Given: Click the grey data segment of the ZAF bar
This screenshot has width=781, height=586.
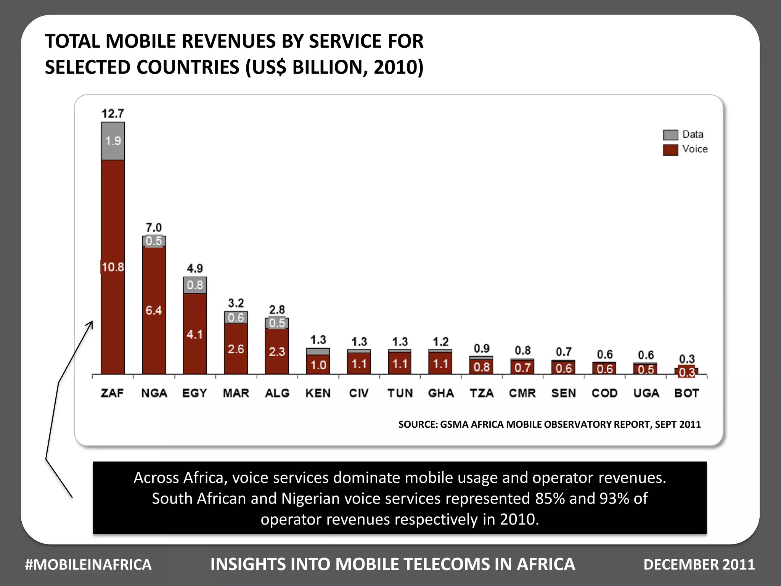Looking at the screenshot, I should pos(113,141).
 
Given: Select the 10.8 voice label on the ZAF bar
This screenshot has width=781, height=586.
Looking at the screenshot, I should pos(113,267).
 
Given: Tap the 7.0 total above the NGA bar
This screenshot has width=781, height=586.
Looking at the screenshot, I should pos(154,228).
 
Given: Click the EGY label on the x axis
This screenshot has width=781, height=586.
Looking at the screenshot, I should pos(194,393).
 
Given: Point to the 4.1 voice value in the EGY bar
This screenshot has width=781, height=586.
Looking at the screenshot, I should pos(194,335).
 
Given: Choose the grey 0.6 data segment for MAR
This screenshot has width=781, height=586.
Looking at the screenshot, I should pos(236,317).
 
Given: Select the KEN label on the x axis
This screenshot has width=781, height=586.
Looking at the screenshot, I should pos(318,393).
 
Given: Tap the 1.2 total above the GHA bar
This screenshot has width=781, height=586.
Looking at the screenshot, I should pos(440,342).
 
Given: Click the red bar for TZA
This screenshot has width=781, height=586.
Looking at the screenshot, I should pos(481,367).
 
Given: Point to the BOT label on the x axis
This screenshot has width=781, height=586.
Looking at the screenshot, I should pos(686,393).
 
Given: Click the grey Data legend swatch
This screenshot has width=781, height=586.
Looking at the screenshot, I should pos(670,135).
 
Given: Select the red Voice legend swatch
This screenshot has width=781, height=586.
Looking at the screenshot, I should pos(670,150).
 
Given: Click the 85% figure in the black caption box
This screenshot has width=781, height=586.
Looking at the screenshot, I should pos(550,498).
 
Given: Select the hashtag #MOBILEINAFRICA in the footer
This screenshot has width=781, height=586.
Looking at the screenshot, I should pos(88,565).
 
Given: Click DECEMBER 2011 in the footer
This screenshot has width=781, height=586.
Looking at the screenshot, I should pos(699,565).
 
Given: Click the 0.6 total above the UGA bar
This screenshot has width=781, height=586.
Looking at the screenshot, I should pos(646,355).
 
